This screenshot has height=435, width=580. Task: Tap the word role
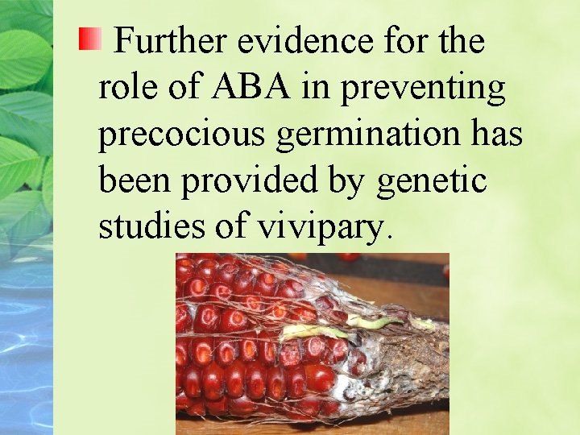click(126, 87)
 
